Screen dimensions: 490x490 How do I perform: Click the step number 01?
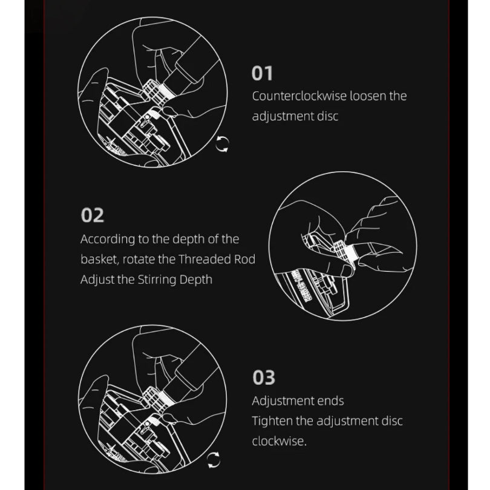coord(262,73)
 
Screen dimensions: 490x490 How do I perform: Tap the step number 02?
coord(92,215)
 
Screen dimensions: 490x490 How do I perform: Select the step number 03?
coord(264,377)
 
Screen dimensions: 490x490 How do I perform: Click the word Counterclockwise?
coord(299,96)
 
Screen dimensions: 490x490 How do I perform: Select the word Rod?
coord(244,259)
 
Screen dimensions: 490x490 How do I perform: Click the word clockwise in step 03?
coord(279,441)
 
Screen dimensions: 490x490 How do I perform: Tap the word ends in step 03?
coord(330,401)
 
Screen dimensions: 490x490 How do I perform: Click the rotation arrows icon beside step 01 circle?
coord(222,144)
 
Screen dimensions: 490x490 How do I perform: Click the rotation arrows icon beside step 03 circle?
coord(214,460)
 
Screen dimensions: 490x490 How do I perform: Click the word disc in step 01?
coord(328,116)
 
